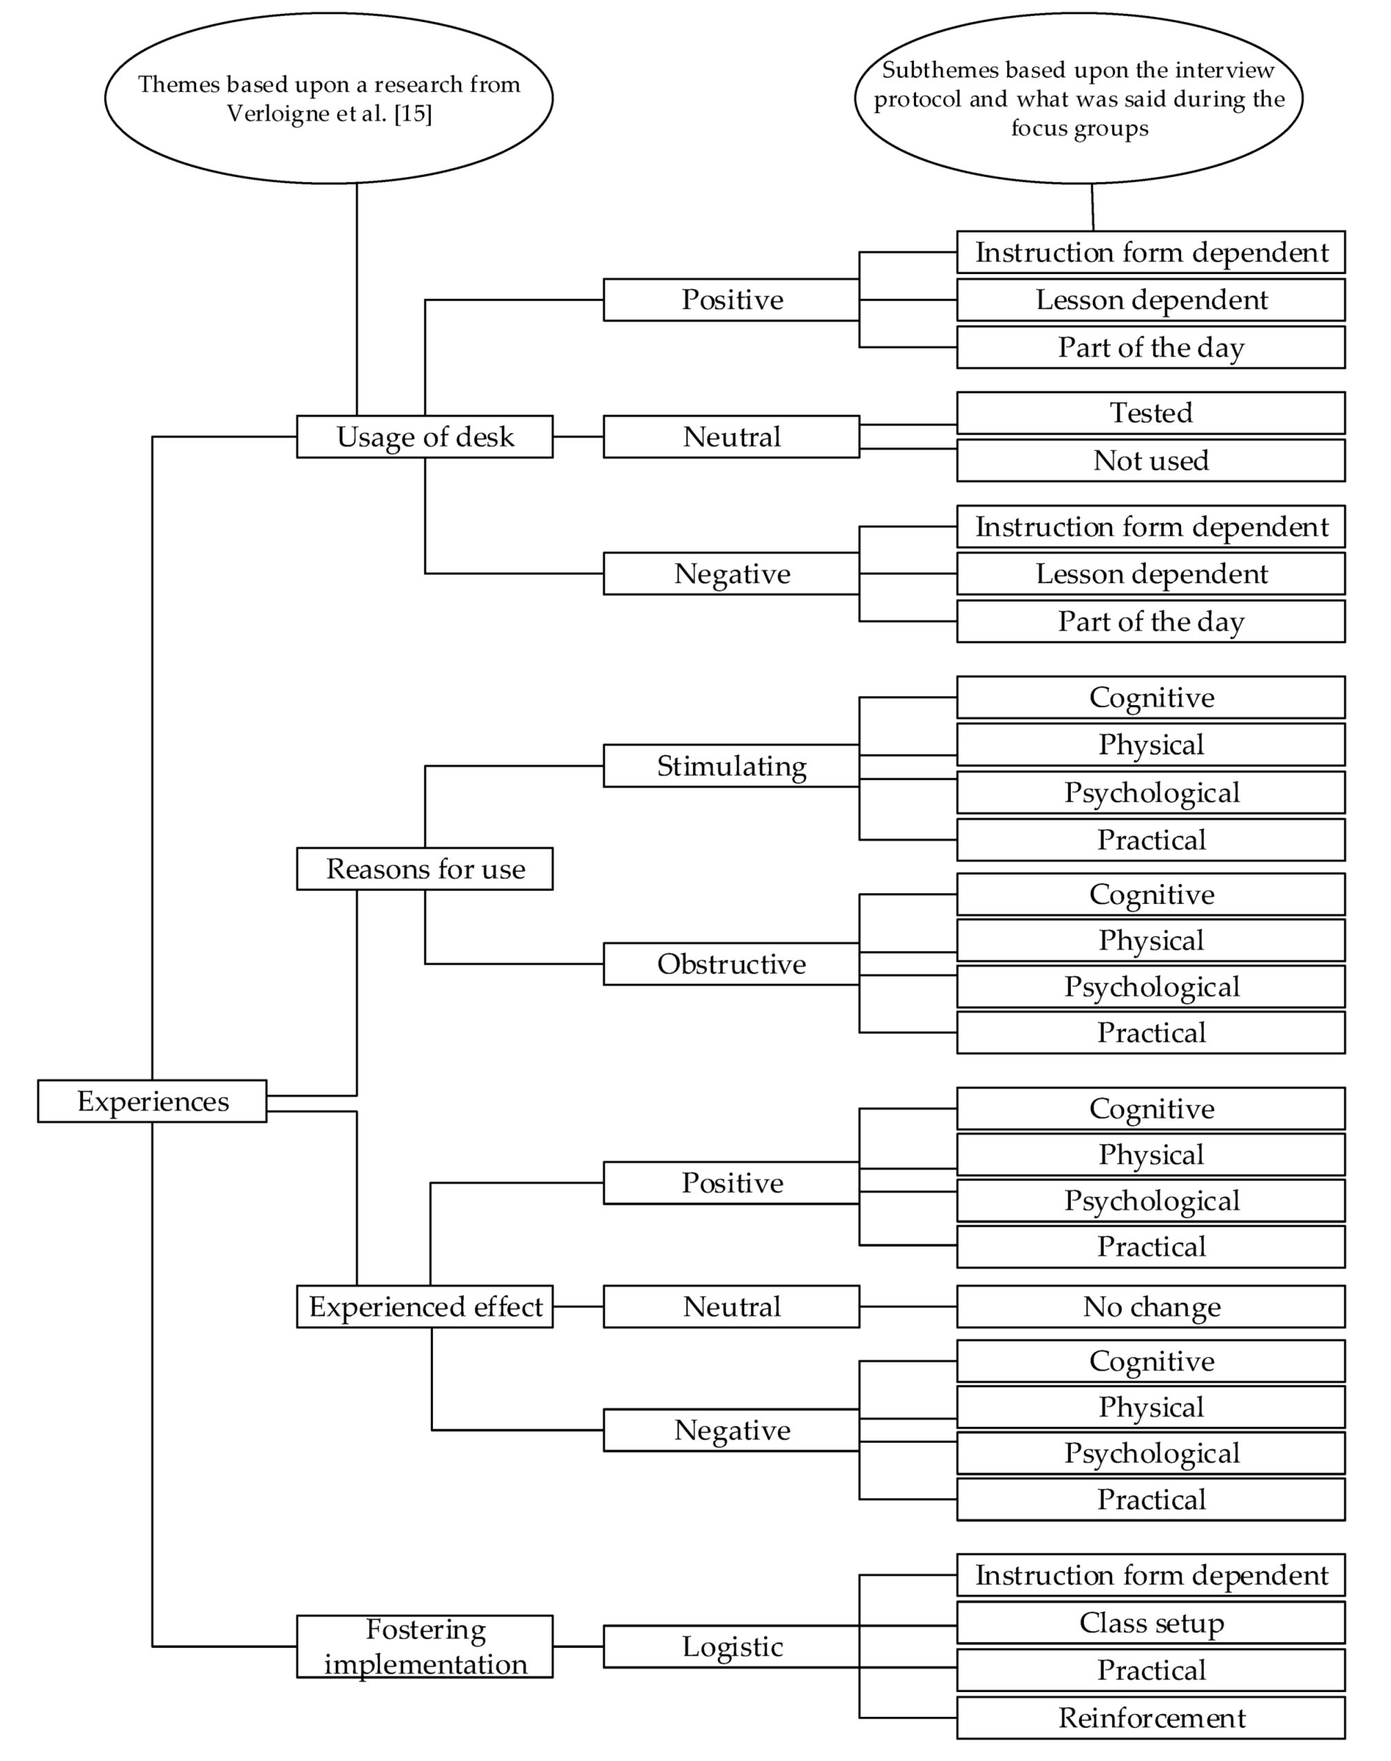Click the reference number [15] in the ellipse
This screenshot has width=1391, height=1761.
(413, 113)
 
